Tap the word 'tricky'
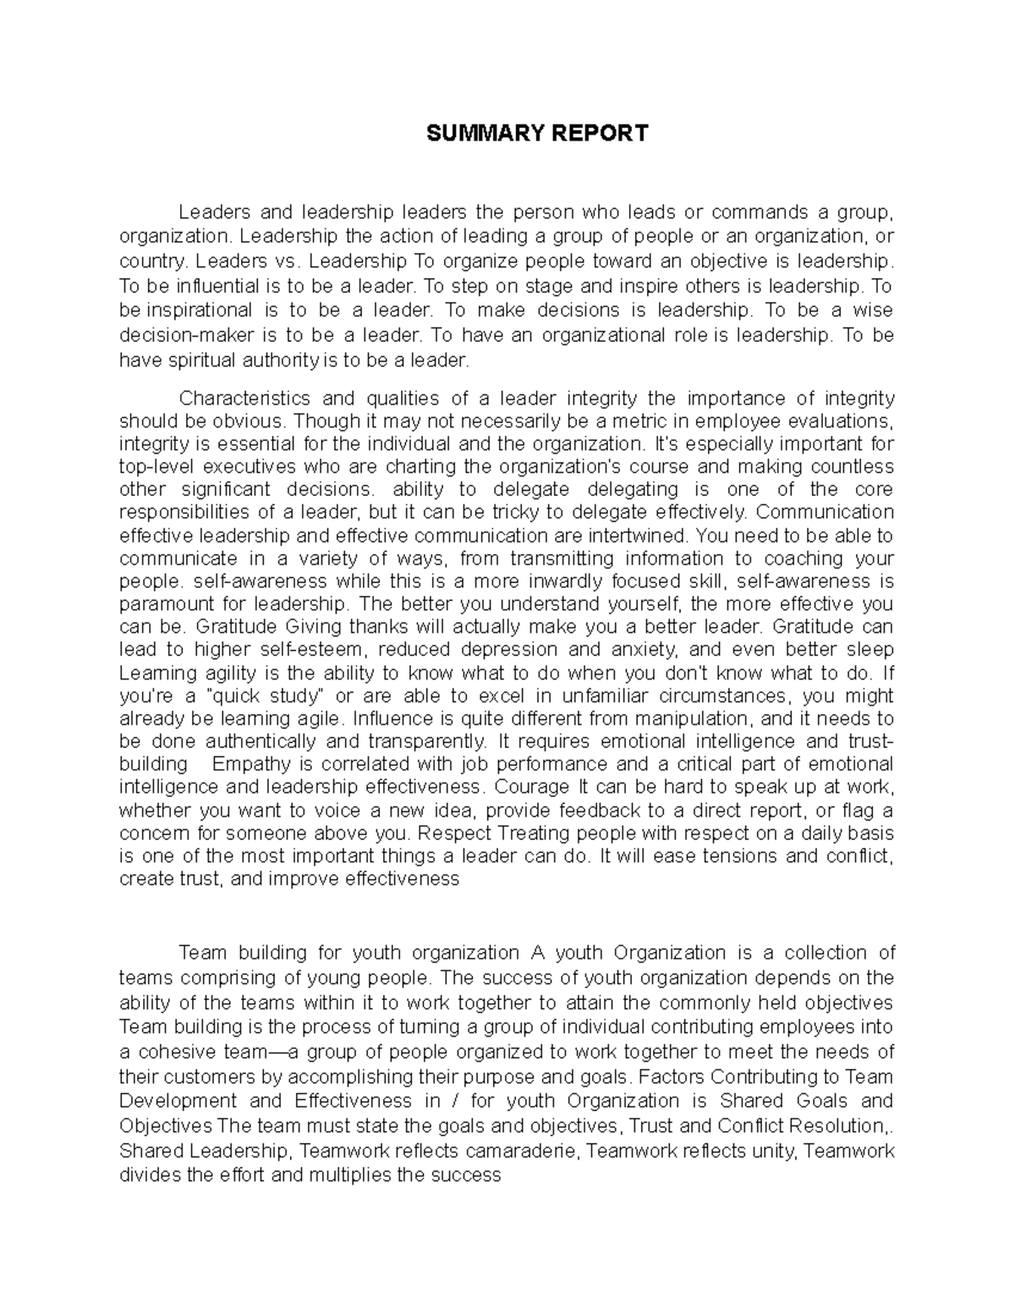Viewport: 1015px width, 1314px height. tap(515, 512)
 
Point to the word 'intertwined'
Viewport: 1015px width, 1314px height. tap(643, 535)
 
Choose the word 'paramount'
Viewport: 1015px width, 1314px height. tap(162, 604)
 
